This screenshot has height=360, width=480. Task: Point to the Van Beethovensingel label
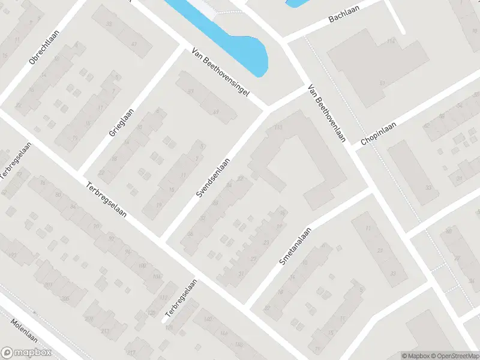[x=220, y=75]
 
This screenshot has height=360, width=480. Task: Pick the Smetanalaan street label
[x=295, y=246]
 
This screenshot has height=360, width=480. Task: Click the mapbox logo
[x=25, y=353]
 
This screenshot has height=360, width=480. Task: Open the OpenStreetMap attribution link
[x=455, y=356]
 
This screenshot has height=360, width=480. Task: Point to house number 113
[x=278, y=128]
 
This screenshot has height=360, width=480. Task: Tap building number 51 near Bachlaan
[x=382, y=82]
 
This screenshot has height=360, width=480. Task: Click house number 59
[x=216, y=112]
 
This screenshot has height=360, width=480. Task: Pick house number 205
[x=65, y=298]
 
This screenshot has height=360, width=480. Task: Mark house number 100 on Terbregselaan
[x=142, y=265]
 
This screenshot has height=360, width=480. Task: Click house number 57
[x=191, y=91]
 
